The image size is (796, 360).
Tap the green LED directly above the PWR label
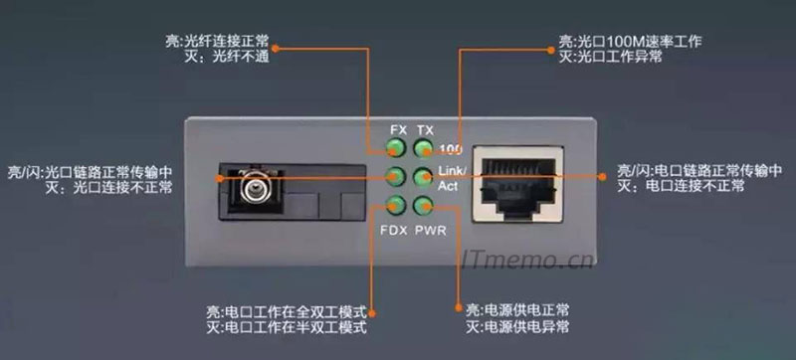click(424, 207)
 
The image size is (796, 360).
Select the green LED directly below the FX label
click(397, 150)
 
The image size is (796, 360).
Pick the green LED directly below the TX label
click(424, 150)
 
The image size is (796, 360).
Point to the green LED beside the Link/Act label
click(424, 178)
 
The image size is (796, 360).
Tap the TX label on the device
click(425, 131)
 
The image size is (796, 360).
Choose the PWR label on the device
click(430, 230)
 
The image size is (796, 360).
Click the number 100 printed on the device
click(451, 150)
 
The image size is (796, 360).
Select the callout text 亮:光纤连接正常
click(203, 44)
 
